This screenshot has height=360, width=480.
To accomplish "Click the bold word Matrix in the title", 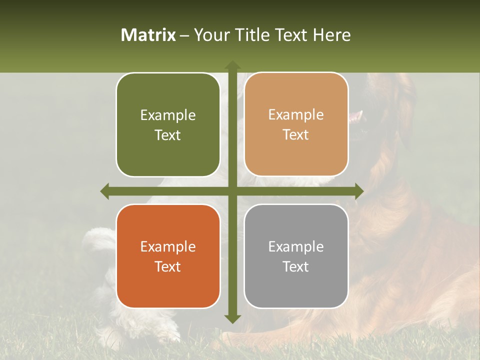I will click(x=148, y=35).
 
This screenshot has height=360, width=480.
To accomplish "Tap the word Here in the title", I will click(x=331, y=35).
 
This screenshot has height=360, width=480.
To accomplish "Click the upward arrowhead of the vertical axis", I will click(x=232, y=65).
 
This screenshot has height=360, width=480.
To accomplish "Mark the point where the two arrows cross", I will click(x=232, y=191).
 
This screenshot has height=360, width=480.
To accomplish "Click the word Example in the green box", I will click(x=168, y=115).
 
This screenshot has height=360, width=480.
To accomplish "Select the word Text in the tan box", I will click(x=296, y=135).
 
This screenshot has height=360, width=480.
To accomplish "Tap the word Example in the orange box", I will click(x=168, y=247).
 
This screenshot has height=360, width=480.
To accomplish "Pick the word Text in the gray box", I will click(x=296, y=266).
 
